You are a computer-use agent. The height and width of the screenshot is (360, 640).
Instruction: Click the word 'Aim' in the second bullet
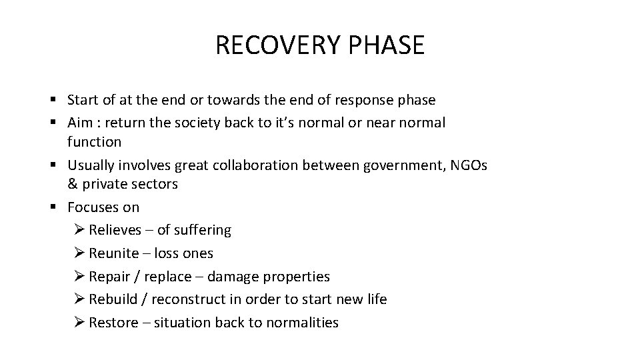(79, 123)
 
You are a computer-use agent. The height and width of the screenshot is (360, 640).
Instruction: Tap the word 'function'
(94, 141)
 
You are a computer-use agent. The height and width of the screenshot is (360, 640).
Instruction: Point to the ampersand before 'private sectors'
(72, 184)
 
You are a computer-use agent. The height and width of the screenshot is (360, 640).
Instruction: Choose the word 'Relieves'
(115, 230)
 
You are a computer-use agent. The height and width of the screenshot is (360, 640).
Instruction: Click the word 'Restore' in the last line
(112, 323)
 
